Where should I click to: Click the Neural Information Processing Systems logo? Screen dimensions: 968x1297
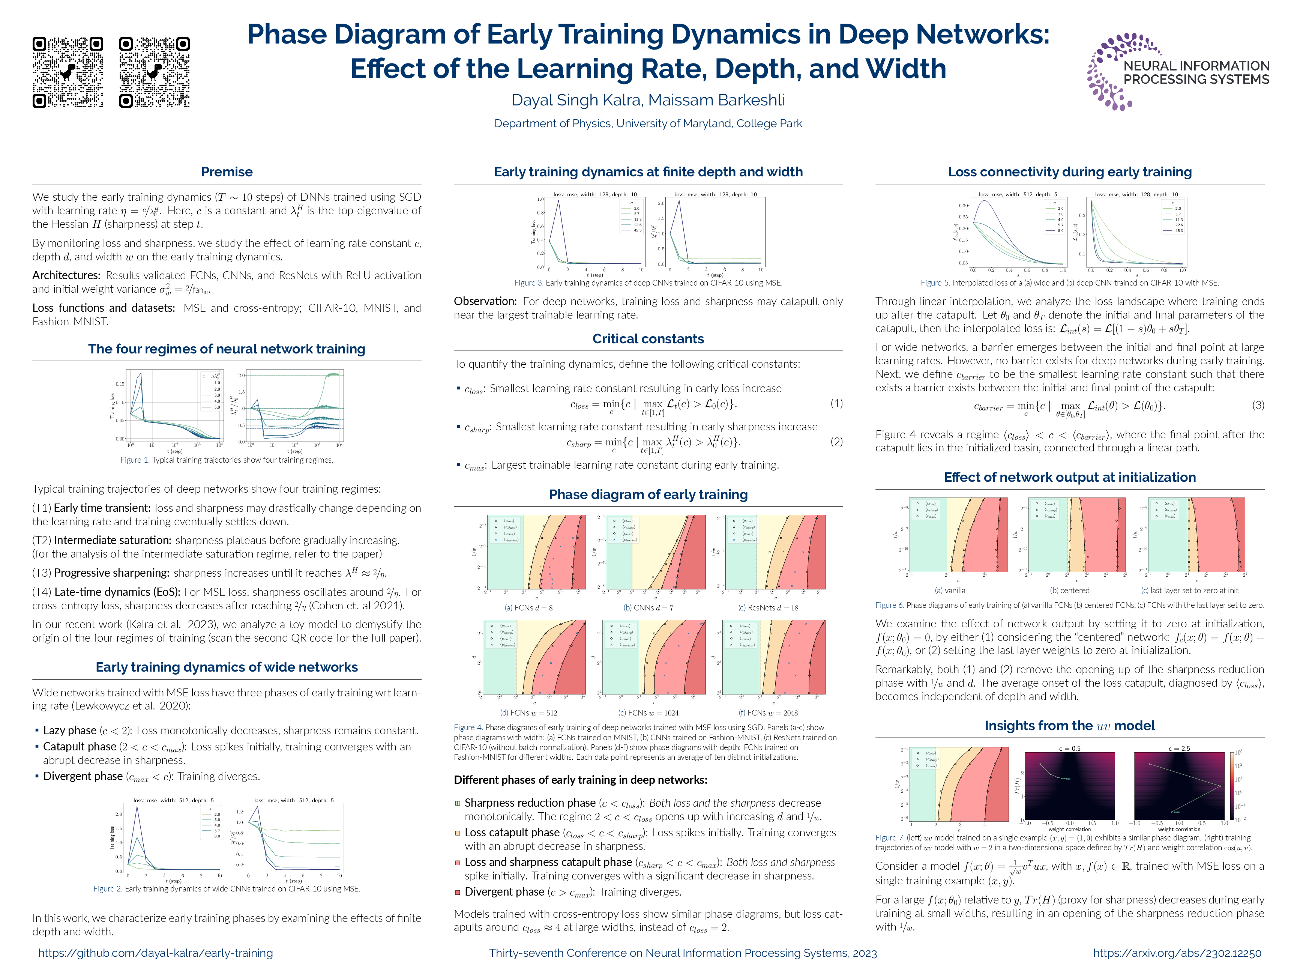tap(1177, 72)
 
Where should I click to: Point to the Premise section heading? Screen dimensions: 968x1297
tap(227, 172)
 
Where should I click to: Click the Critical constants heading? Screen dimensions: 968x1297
tap(648, 339)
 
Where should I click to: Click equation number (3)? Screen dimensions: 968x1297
tap(1258, 405)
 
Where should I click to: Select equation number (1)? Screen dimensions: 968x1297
tap(836, 403)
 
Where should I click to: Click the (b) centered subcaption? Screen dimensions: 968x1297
tap(1070, 591)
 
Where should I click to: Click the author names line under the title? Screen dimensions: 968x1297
tap(648, 100)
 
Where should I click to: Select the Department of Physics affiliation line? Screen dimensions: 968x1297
tap(648, 124)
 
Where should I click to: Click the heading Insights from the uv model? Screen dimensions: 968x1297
tap(1070, 725)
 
